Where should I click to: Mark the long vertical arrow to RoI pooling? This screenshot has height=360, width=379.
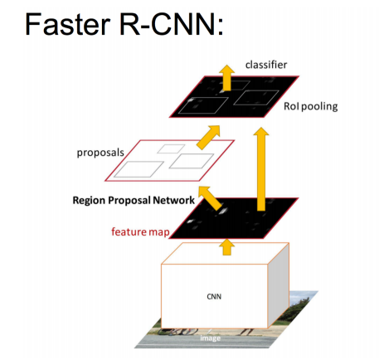click(x=264, y=166)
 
